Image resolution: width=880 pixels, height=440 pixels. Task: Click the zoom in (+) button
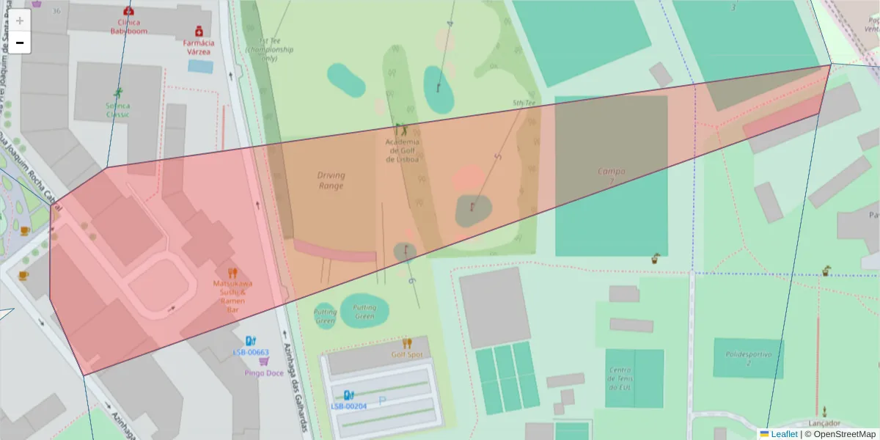[x=20, y=21]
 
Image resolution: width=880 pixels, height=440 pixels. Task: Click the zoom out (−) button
[x=20, y=43]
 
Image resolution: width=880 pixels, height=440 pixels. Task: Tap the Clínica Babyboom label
[x=129, y=27]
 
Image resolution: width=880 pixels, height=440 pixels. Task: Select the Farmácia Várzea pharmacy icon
[x=199, y=32]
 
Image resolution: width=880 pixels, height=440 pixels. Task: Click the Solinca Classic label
[x=117, y=109]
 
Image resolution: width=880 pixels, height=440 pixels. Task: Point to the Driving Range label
[x=331, y=180]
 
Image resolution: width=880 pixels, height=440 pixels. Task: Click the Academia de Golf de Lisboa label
[x=402, y=150]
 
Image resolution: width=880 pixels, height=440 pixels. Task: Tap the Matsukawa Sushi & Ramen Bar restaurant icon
[x=233, y=273]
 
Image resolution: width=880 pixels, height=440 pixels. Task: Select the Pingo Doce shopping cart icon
[x=264, y=361]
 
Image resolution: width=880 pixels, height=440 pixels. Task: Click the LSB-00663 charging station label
[x=251, y=352]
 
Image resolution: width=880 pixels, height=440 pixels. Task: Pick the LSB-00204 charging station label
[x=348, y=406]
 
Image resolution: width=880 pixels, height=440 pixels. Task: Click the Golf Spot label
[x=406, y=354]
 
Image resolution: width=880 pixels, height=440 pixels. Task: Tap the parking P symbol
[x=382, y=400]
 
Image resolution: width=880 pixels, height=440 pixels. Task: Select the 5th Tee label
[x=524, y=103]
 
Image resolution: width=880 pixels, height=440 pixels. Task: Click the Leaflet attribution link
[x=783, y=434]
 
